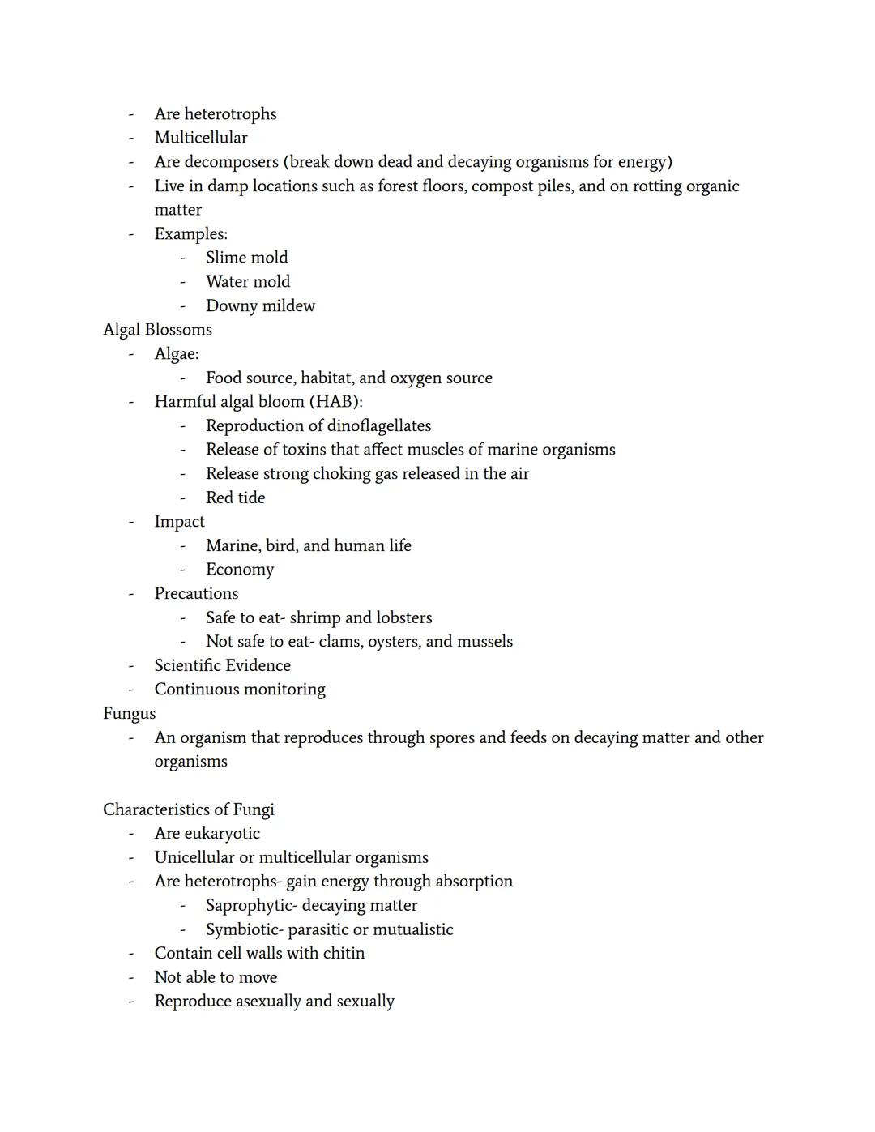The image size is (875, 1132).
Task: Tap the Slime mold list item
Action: click(x=246, y=258)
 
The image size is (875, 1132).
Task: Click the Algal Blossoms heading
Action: click(x=157, y=330)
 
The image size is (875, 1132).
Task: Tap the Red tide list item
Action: click(x=235, y=498)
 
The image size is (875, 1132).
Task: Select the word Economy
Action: click(x=240, y=570)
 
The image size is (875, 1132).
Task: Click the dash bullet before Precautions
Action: click(x=130, y=594)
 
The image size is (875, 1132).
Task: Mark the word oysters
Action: click(x=394, y=642)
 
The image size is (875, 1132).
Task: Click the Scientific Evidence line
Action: click(x=222, y=666)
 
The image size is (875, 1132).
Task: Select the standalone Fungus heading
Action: click(x=129, y=714)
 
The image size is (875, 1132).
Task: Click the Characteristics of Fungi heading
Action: click(x=188, y=809)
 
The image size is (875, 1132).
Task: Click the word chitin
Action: click(x=343, y=954)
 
